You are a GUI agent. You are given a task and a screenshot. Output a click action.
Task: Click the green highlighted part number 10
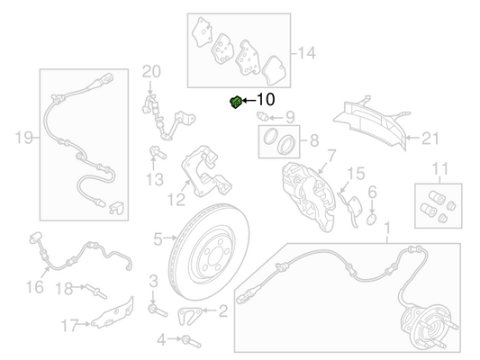tap(236, 103)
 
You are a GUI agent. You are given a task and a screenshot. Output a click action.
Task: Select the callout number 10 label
tap(265, 100)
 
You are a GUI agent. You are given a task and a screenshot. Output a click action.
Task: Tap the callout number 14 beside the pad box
tap(306, 53)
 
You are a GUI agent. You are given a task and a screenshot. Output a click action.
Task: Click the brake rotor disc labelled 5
tap(209, 252)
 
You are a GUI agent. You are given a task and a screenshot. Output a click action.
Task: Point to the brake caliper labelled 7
tap(309, 196)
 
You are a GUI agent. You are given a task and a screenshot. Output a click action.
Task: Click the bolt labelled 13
tap(158, 153)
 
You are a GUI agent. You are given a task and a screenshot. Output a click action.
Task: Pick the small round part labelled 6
tap(371, 220)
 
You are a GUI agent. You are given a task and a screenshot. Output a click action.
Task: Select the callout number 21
tap(430, 139)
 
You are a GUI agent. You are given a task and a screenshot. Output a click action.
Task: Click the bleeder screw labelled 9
tap(262, 116)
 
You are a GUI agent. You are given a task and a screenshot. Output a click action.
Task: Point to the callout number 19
tap(23, 138)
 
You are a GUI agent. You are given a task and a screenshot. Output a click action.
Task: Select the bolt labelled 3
tap(158, 310)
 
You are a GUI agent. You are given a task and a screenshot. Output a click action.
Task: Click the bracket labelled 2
tap(189, 316)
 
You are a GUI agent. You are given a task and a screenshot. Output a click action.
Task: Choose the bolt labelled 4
tap(191, 341)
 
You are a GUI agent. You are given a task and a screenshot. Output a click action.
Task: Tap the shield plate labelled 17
tap(113, 313)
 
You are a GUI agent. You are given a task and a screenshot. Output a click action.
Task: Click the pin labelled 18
tap(96, 291)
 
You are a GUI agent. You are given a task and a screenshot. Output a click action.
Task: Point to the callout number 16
tap(34, 287)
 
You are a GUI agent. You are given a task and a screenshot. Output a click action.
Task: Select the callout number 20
tap(151, 72)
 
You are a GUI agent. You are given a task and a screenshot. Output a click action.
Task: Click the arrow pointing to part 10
tap(249, 100)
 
